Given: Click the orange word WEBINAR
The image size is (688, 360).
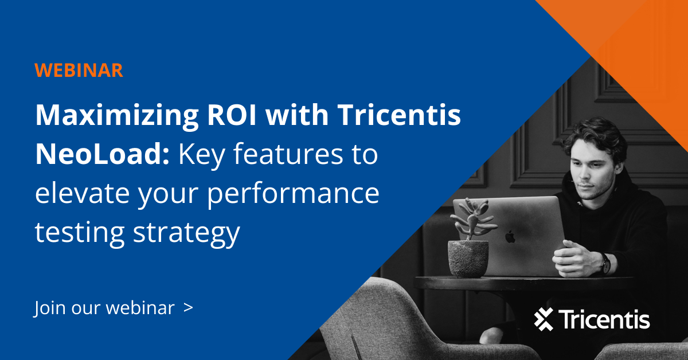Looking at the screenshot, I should [79, 70].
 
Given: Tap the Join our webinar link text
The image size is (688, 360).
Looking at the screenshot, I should [104, 308].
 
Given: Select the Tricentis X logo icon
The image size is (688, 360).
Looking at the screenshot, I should [544, 319].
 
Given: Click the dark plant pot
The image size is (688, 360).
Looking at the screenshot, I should [468, 258].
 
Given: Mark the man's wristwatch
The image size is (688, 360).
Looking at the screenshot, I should [605, 263].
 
